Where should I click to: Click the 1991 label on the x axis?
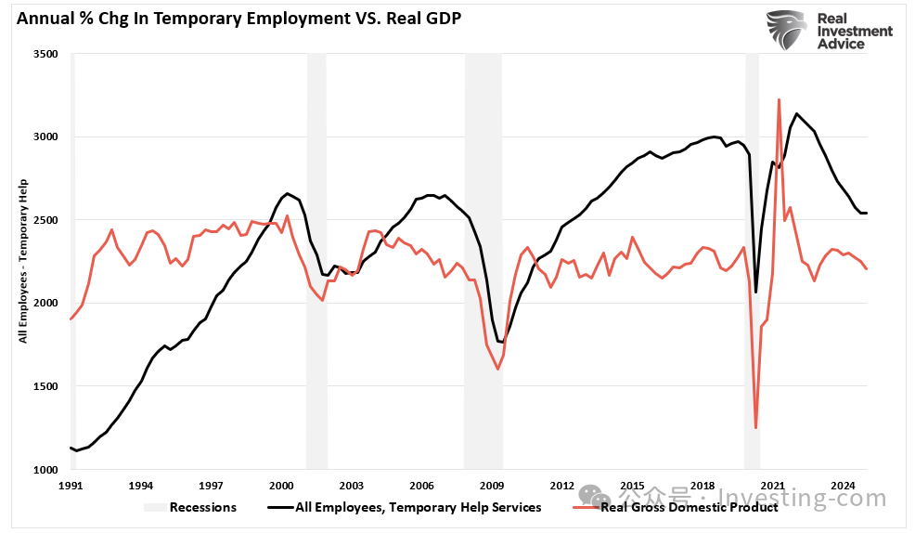71,486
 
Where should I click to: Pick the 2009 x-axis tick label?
492,486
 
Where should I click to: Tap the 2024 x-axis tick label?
843,486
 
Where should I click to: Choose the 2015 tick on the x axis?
632,486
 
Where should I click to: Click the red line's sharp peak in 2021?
779,99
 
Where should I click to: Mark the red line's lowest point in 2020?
756,427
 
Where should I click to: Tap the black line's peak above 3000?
796,113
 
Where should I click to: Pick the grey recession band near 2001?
316,260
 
